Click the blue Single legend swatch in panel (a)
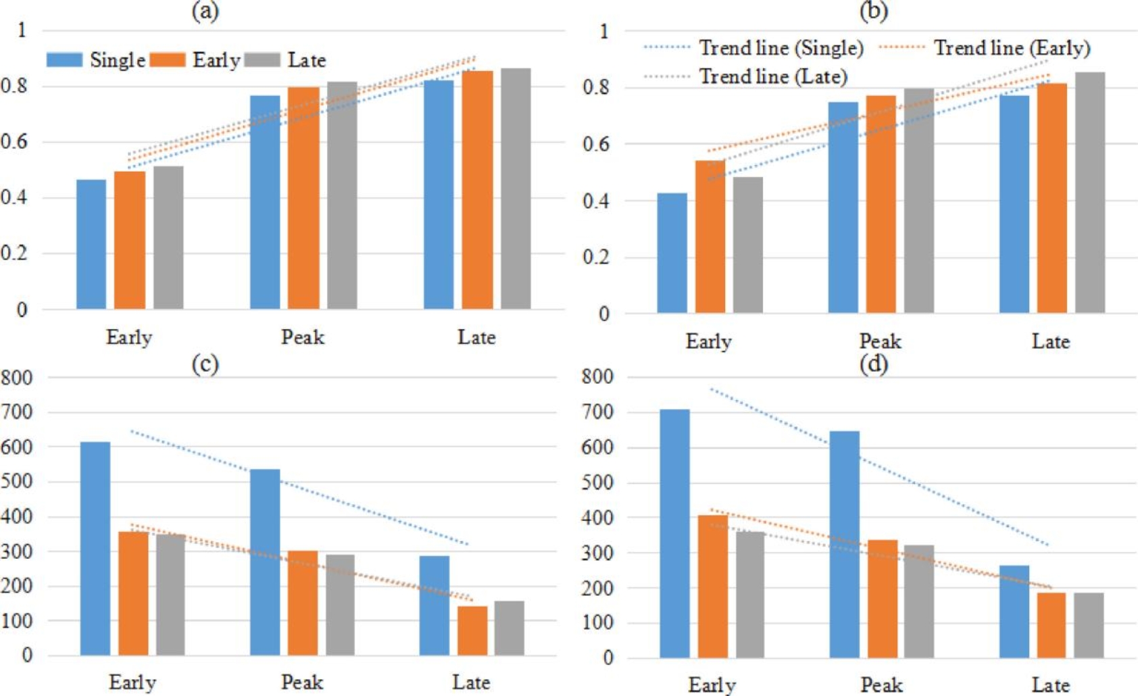click(64, 59)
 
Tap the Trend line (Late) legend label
click(772, 76)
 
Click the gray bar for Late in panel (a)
click(516, 189)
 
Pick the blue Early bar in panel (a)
click(91, 245)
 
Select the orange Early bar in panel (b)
click(710, 237)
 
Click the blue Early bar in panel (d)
click(674, 533)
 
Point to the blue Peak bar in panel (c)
click(265, 562)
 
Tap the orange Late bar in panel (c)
click(472, 630)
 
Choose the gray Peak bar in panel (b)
click(919, 201)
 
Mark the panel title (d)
click(874, 364)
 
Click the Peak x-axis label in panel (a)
click(302, 337)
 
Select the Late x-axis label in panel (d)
click(1050, 685)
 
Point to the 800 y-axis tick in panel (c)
click(17, 378)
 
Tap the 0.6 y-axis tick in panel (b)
click(595, 144)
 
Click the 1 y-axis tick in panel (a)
click(22, 30)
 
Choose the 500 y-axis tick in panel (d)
click(597, 482)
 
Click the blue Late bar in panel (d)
click(1014, 612)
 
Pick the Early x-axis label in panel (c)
click(132, 682)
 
